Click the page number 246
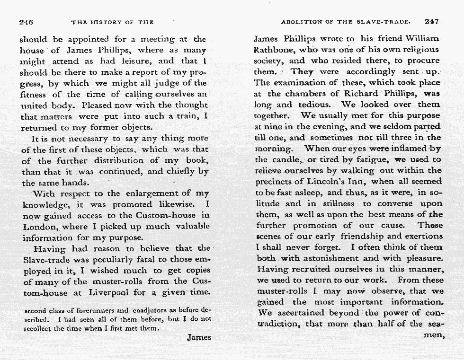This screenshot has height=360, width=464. coord(26,22)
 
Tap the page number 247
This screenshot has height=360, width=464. coord(432,21)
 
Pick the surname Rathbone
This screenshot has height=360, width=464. coord(273,50)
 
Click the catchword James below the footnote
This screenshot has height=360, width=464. coord(199,337)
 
